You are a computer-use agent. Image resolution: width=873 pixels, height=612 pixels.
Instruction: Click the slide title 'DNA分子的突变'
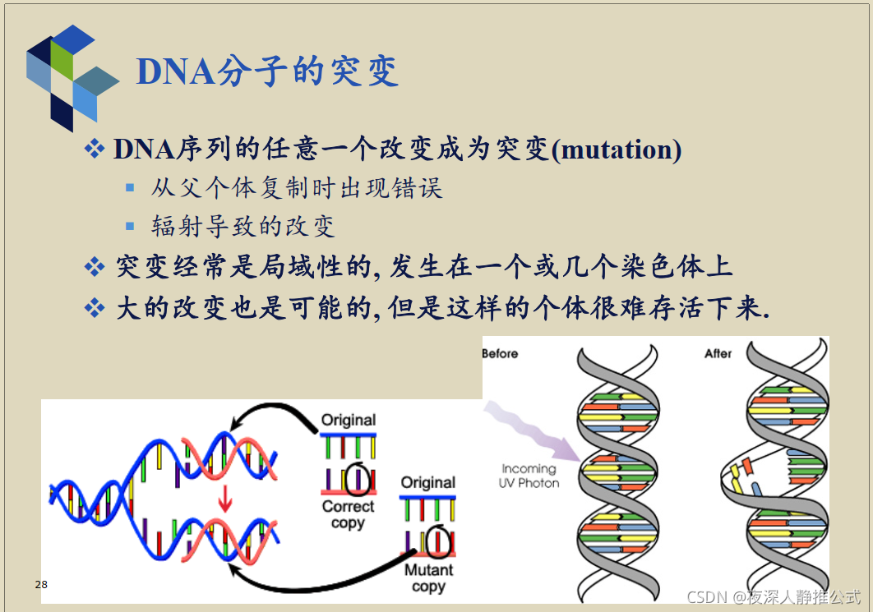267,71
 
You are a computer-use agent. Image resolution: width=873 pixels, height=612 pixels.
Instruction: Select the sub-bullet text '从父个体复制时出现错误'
297,188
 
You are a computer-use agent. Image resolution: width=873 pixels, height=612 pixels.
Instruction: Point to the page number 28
41,585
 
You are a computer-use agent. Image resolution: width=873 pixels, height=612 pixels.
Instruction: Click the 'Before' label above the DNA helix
500,353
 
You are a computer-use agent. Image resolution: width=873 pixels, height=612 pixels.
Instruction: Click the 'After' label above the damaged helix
718,353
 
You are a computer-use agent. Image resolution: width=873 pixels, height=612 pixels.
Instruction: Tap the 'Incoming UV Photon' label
529,476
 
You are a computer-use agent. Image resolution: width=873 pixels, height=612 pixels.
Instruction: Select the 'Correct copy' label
348,515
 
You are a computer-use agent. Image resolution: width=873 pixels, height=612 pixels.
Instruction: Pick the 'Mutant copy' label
428,578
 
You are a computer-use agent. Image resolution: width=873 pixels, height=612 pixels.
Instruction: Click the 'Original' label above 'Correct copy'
349,420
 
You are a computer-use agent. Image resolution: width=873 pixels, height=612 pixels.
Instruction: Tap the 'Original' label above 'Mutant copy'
428,482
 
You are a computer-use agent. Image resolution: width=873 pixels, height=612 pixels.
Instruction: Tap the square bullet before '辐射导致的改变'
130,226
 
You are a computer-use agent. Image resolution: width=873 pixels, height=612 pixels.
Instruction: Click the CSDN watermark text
774,596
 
